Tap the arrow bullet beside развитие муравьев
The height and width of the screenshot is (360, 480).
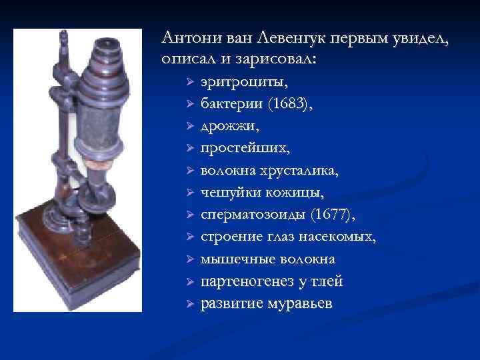(189, 304)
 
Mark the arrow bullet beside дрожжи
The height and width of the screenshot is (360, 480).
(189, 126)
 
